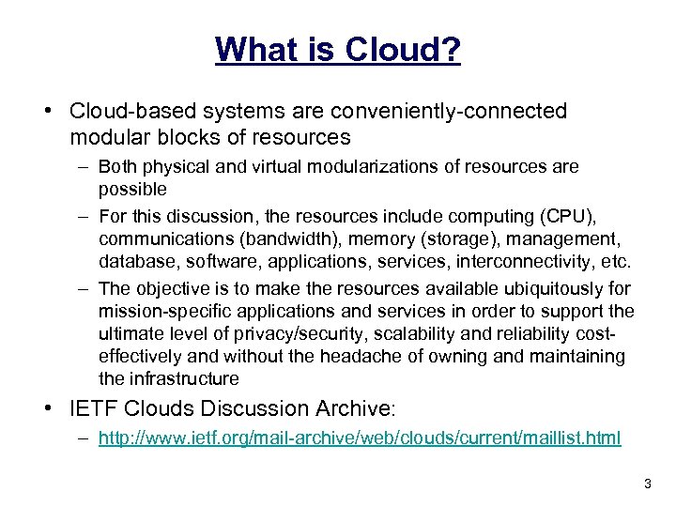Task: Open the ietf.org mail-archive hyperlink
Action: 359,438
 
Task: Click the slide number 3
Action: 647,483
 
